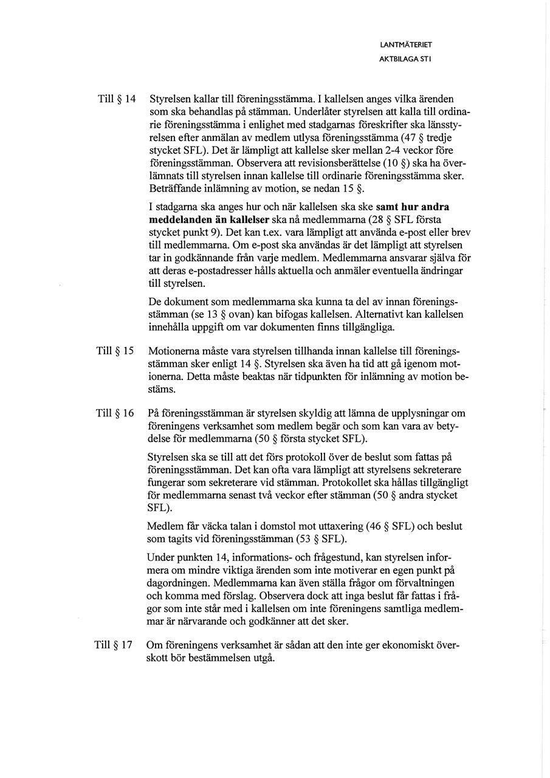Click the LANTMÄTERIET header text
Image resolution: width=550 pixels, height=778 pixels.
pos(405,44)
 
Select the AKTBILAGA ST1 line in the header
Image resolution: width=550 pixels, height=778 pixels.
pos(405,59)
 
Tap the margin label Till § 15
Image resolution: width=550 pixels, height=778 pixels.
pos(115,351)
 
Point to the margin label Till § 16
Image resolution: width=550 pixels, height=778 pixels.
pos(115,413)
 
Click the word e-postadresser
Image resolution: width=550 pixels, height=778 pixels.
pos(218,270)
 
